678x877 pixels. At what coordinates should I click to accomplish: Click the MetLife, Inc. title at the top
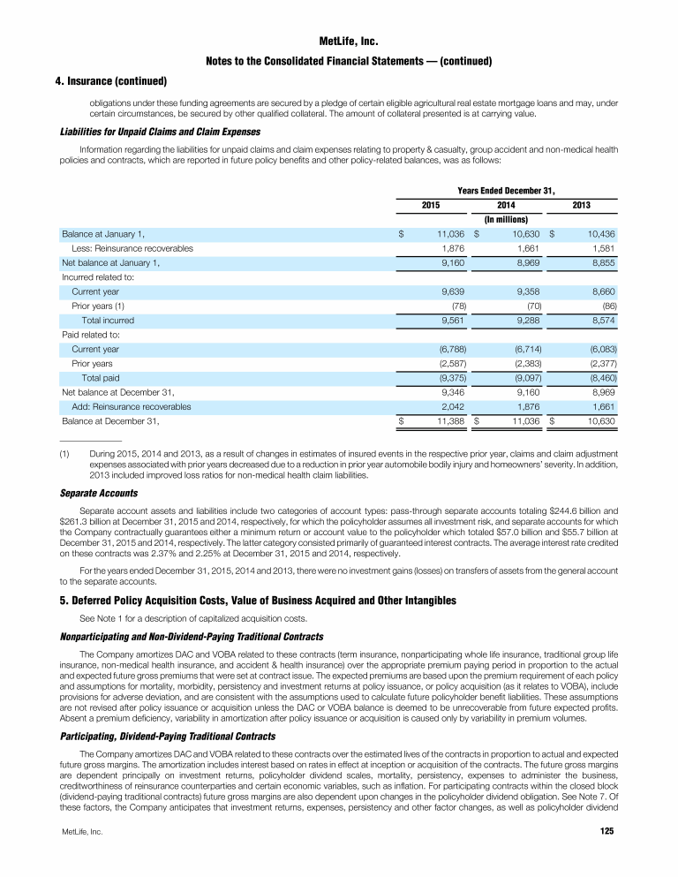point(339,40)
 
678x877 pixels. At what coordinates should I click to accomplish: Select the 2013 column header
point(581,205)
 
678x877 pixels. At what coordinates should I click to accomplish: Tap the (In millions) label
point(506,219)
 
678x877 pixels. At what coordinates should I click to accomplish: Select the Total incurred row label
point(108,321)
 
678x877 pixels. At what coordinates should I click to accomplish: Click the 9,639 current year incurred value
point(453,291)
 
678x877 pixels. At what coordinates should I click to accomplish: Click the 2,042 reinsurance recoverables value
point(453,407)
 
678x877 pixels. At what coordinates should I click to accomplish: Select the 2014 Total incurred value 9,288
point(526,321)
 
